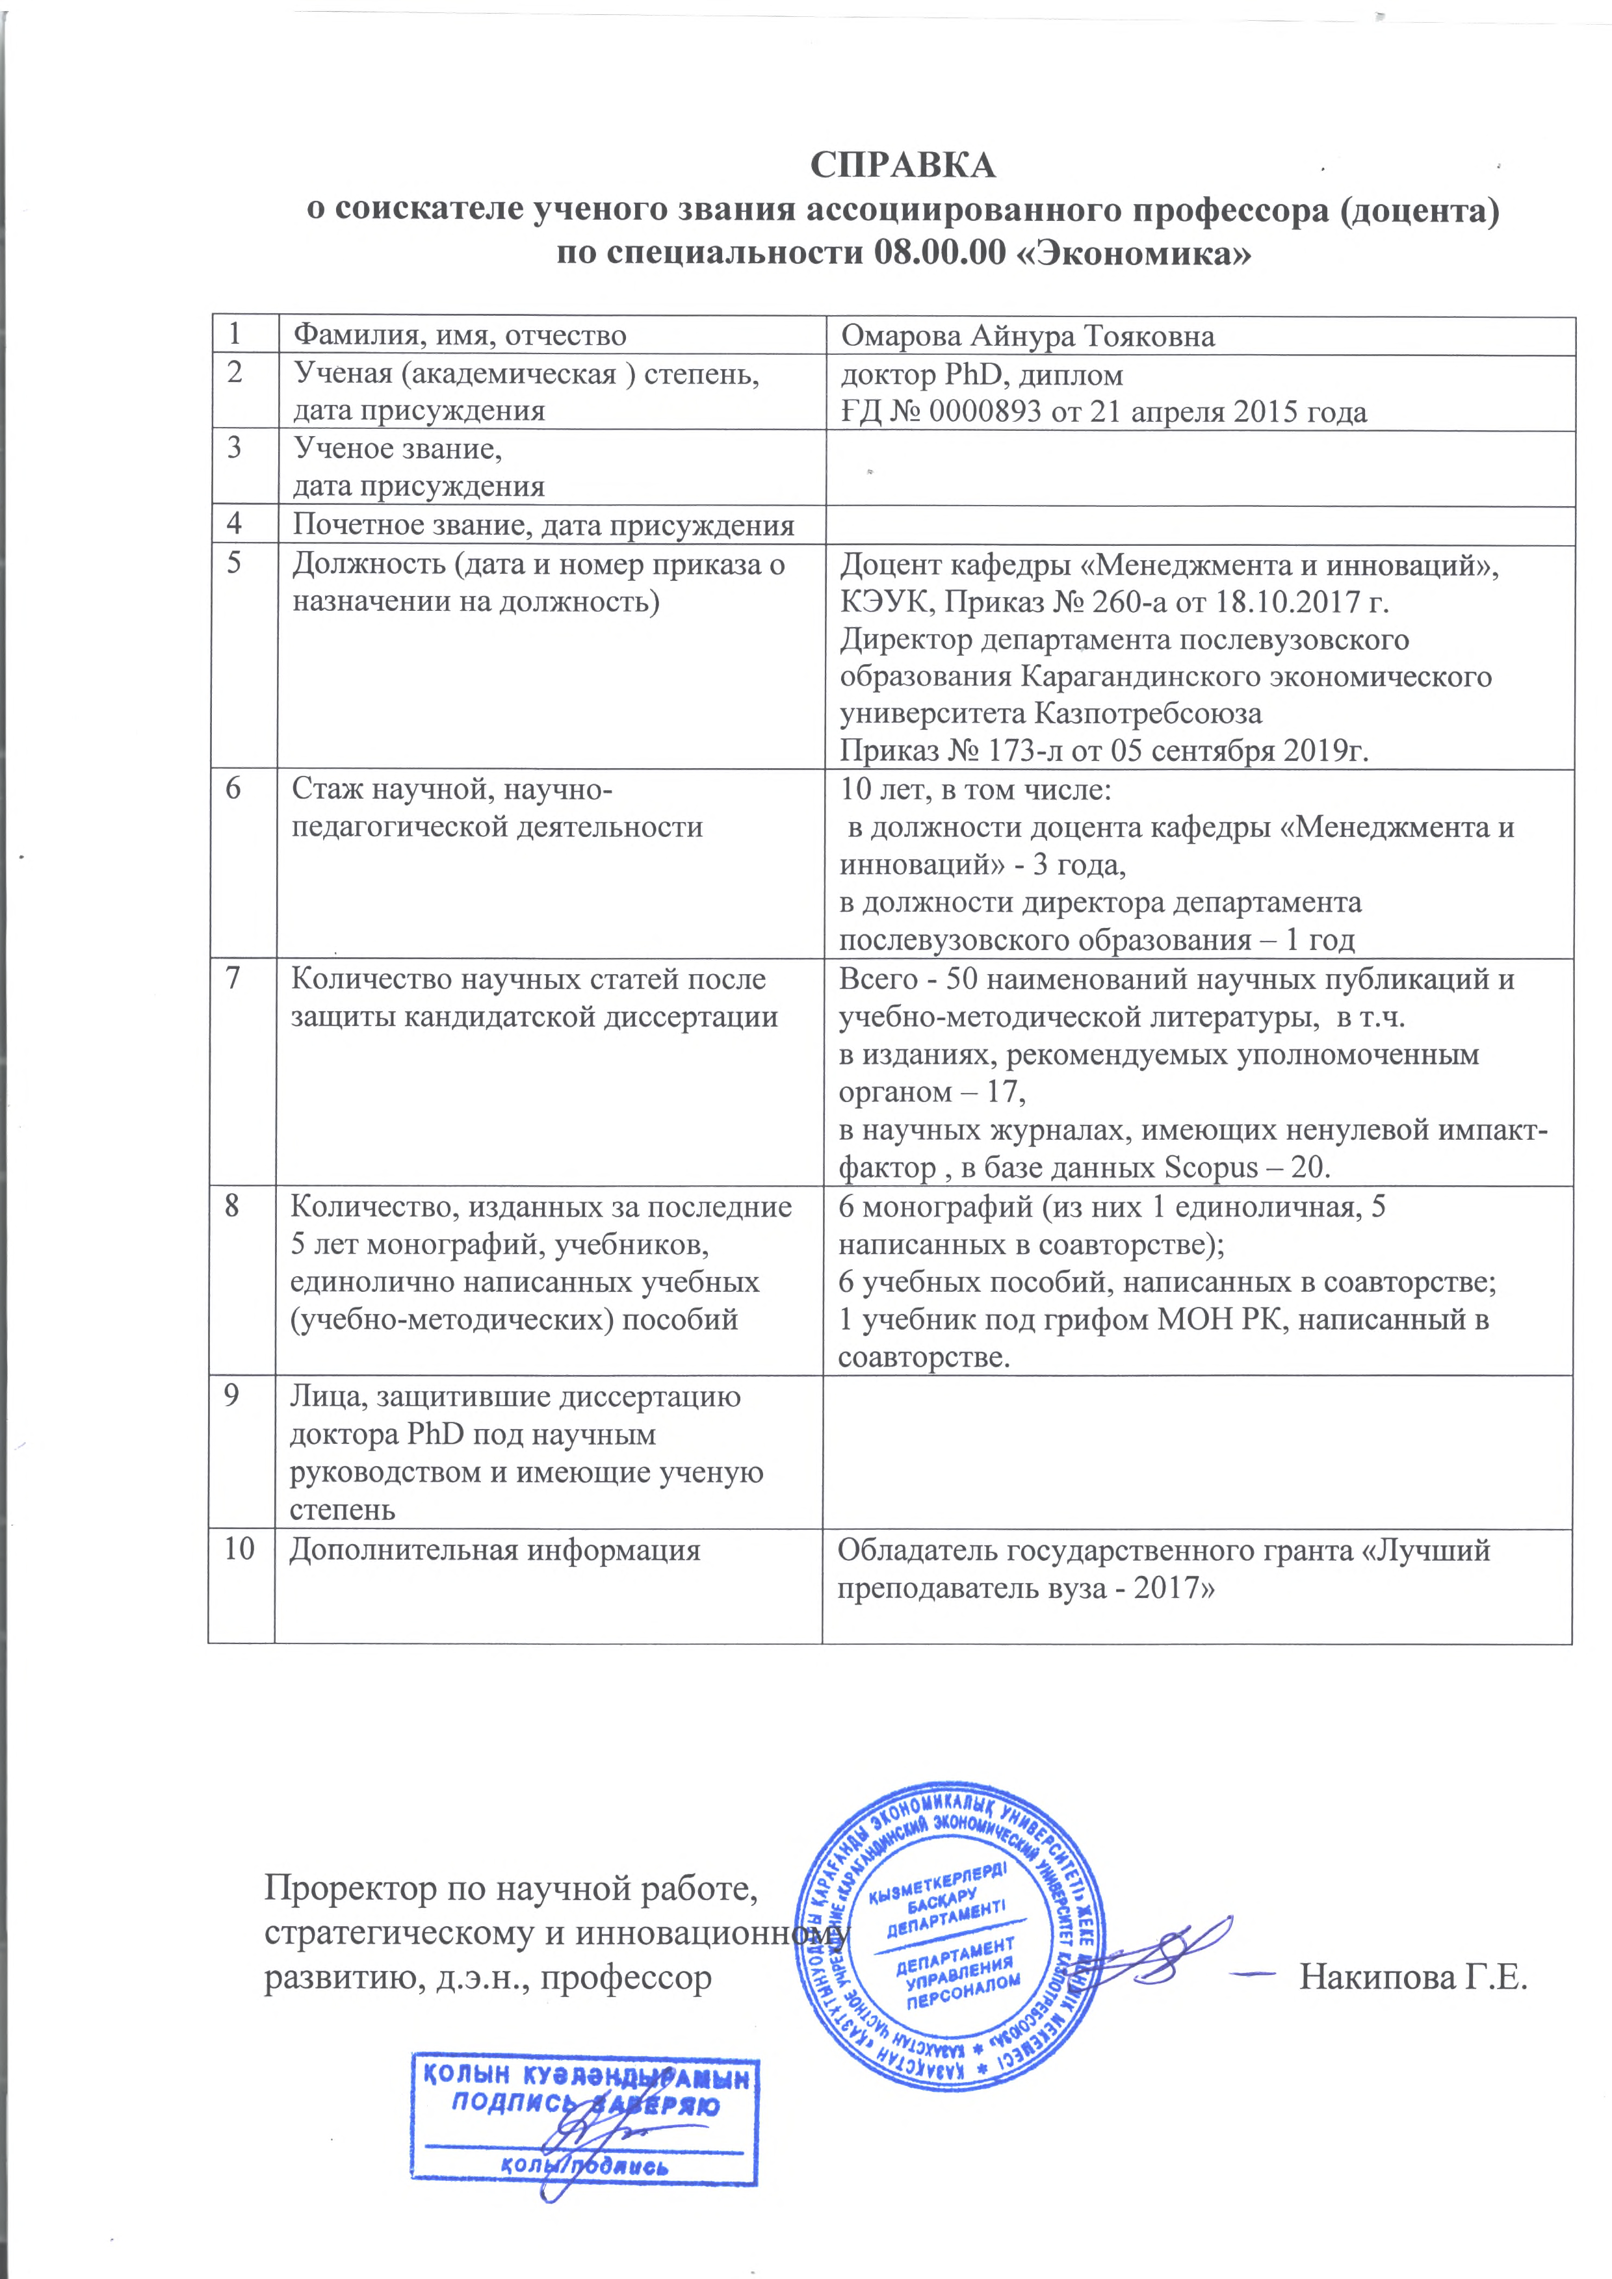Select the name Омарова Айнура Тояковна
pyautogui.click(x=1028, y=337)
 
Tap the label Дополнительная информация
pyautogui.click(x=494, y=1551)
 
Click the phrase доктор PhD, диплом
pyautogui.click(x=981, y=375)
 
